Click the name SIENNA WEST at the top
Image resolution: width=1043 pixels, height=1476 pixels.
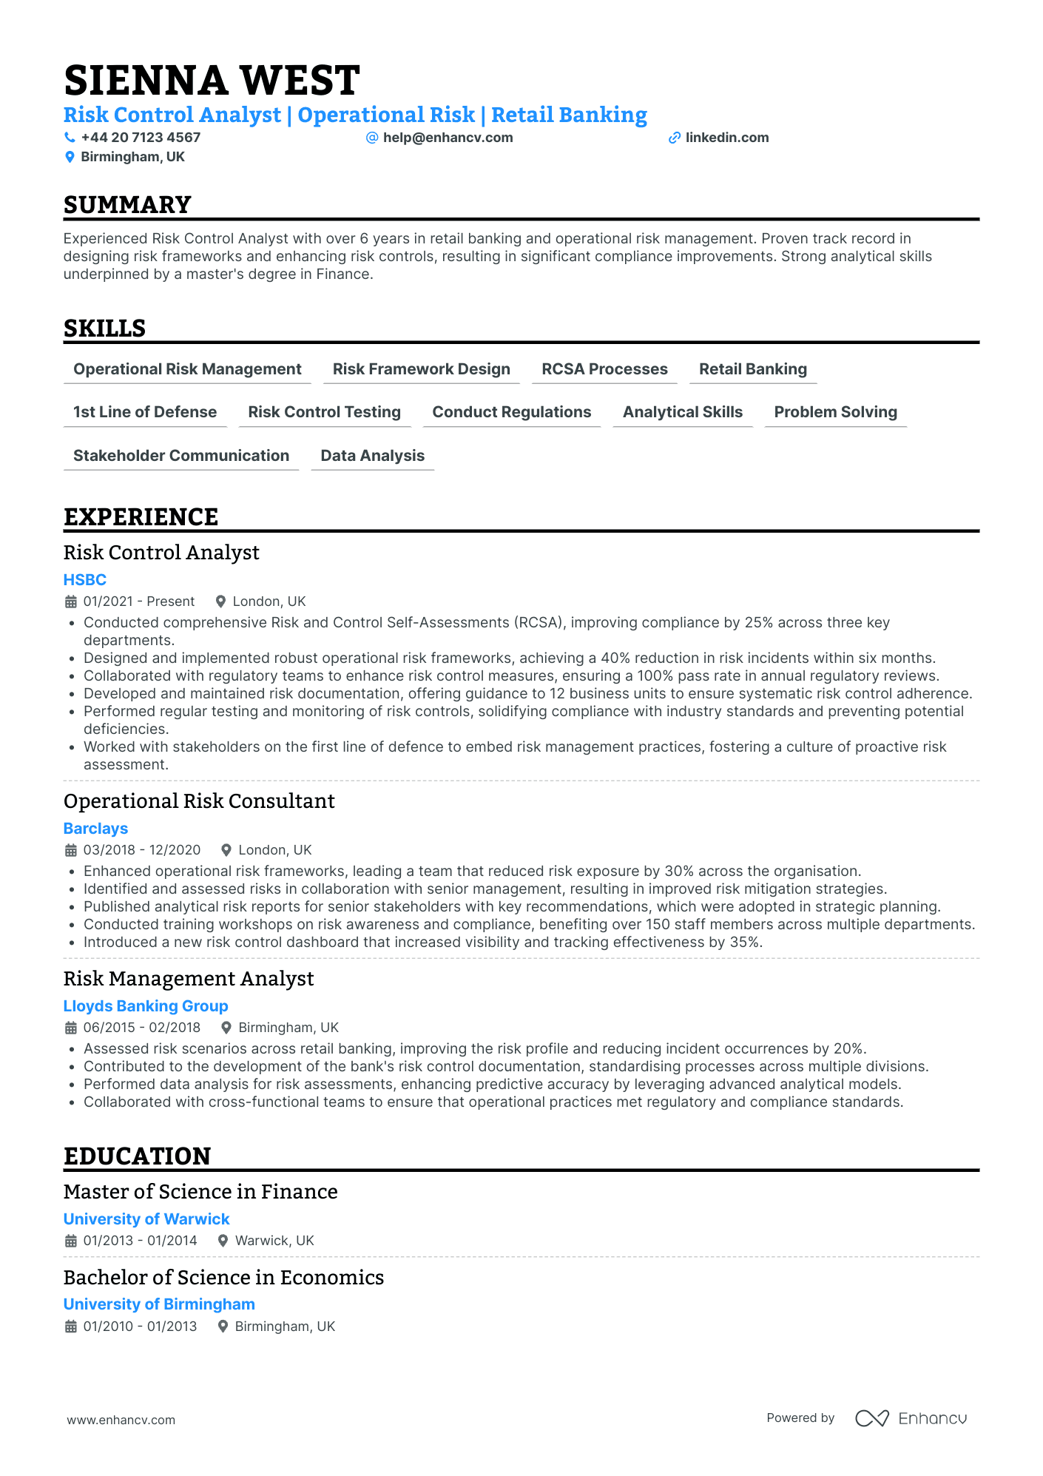[212, 81]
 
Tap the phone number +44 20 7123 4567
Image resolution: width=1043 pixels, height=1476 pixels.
[141, 138]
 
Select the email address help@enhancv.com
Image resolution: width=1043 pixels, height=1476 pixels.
[448, 138]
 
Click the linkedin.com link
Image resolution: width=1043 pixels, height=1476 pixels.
[726, 138]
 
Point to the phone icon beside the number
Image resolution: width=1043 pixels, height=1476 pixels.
[70, 138]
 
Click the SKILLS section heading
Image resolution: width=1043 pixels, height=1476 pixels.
[104, 328]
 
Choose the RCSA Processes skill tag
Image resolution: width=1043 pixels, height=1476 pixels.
[604, 369]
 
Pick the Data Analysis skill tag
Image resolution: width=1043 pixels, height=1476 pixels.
[372, 456]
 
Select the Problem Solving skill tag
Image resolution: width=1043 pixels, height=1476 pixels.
[835, 412]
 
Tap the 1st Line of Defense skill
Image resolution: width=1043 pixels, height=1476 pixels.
[145, 412]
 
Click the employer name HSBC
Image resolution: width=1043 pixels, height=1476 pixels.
[85, 580]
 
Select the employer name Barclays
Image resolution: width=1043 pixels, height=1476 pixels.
[95, 829]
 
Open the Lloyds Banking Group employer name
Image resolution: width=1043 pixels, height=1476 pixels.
[146, 1006]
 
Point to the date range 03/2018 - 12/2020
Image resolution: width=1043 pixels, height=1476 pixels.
[142, 850]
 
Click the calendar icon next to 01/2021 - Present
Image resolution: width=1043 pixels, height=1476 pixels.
[71, 601]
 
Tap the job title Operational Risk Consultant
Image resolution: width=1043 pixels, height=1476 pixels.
[199, 801]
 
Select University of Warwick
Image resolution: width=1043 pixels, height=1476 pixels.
[146, 1219]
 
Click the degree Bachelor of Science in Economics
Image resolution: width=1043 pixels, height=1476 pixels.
[223, 1278]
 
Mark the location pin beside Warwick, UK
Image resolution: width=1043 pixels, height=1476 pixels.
[223, 1241]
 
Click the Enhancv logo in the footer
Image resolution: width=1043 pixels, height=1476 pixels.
[911, 1418]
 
